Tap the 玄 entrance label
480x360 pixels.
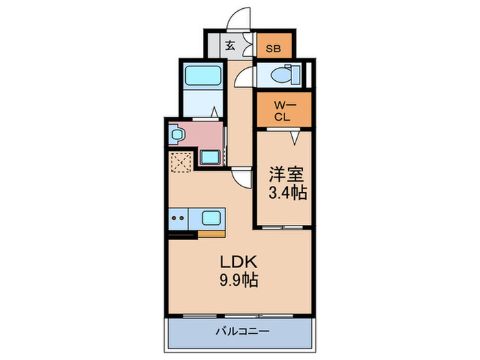[x=230, y=47]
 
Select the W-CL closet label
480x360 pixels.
[x=283, y=110]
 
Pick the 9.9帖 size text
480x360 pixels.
[x=238, y=280]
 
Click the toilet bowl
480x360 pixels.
[x=283, y=75]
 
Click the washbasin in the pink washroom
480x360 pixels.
[x=176, y=135]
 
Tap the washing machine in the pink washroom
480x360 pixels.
[x=210, y=157]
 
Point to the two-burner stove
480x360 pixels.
[x=180, y=219]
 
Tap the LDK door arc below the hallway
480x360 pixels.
[x=241, y=179]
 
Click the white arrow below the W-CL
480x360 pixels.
[x=294, y=138]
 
